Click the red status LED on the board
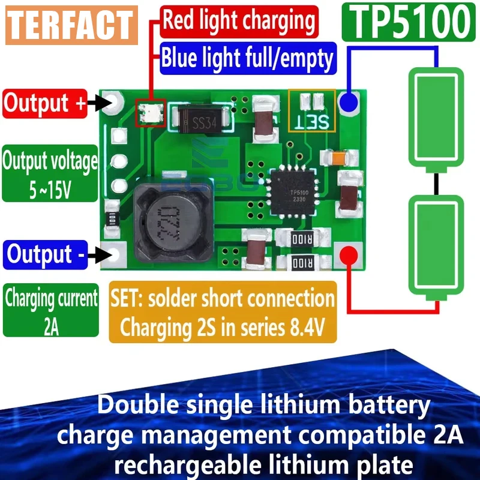(148, 112)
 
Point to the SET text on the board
(315, 122)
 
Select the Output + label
(46, 103)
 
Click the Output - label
(46, 254)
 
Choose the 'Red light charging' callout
(239, 22)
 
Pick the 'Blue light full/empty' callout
(247, 58)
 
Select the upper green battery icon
(436, 117)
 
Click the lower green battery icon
(436, 247)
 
